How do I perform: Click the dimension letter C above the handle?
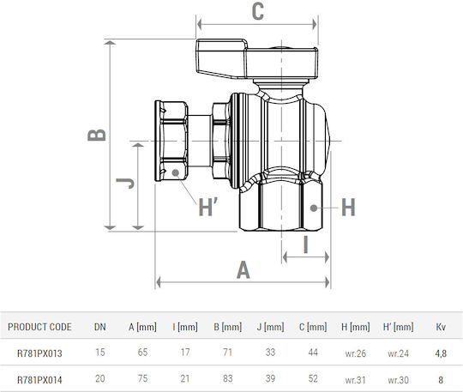tap(258, 12)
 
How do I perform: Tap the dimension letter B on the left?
tap(97, 135)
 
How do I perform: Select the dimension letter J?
tap(125, 184)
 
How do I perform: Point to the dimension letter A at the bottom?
tap(243, 270)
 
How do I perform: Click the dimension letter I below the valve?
tap(306, 244)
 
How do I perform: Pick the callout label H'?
tap(208, 207)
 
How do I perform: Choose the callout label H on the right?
tap(348, 207)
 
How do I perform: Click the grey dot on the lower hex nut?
tap(314, 208)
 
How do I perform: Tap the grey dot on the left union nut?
tap(176, 172)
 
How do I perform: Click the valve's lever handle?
tap(256, 59)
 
